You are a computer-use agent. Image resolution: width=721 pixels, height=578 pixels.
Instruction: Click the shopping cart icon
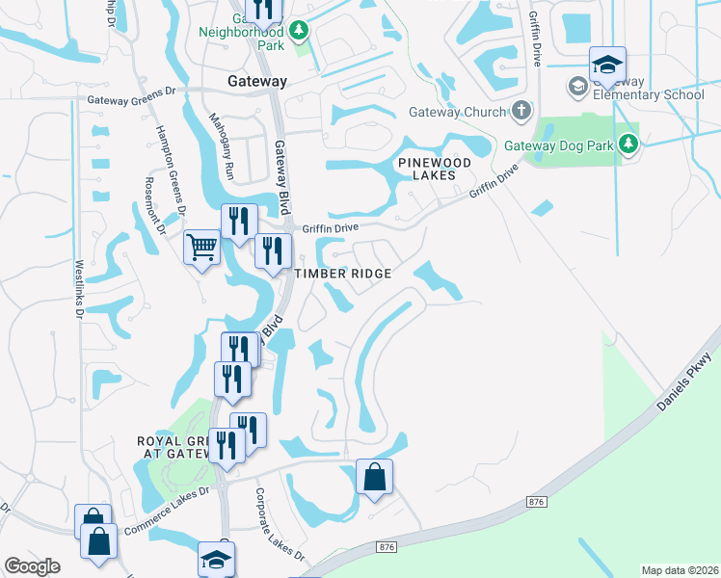201,248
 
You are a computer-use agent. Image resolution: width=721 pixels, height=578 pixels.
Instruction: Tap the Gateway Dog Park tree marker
628,144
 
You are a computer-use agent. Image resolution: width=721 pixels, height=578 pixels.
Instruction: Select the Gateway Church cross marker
521,109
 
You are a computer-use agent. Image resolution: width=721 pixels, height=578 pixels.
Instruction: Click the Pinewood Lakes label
435,170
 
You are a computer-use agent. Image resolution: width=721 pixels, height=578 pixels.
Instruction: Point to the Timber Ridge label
343,274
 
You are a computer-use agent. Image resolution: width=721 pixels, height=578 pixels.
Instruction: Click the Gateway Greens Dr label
135,98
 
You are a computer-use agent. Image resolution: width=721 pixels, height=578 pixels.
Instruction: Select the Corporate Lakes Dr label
280,525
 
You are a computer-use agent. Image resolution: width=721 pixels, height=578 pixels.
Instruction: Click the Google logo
32,566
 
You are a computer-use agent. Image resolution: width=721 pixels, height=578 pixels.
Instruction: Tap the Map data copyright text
681,570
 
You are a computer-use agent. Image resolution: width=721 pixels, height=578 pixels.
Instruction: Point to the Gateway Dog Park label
560,146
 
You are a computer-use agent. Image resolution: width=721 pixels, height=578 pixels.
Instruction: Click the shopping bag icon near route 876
374,477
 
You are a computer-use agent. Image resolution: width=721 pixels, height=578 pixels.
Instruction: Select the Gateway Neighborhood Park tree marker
300,31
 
